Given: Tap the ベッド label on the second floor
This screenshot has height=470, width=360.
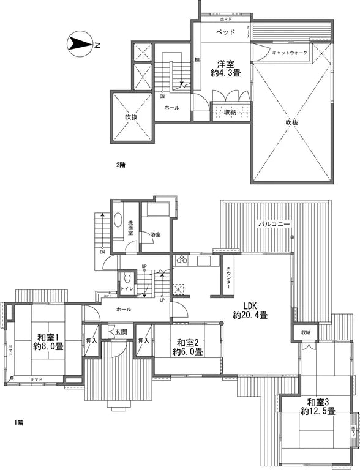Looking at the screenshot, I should click(222, 32).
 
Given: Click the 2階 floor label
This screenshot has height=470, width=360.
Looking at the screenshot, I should click(121, 165).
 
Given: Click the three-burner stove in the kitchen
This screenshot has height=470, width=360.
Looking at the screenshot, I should click(182, 261).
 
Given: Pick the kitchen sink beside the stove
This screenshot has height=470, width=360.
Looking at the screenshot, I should click(203, 261).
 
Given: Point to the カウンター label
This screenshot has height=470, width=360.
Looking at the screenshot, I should click(228, 278).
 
